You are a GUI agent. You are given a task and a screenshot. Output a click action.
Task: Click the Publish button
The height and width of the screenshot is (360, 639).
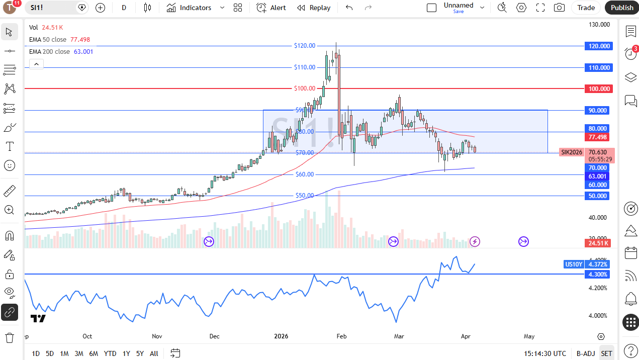tap(622, 8)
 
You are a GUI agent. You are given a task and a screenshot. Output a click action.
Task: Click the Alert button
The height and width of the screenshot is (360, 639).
tap(271, 8)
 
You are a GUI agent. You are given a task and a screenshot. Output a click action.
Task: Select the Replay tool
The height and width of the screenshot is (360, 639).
tap(314, 8)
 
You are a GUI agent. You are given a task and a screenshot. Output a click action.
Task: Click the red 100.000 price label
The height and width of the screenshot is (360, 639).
tap(598, 89)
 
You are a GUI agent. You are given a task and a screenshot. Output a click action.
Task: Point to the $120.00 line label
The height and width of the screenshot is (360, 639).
tap(305, 46)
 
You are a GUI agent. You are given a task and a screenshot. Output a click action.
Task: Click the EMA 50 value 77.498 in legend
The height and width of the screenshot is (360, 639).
tap(80, 39)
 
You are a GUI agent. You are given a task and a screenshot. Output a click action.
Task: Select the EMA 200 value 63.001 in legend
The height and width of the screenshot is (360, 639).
tap(83, 51)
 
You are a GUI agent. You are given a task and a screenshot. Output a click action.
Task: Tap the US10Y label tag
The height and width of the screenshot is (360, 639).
tap(574, 264)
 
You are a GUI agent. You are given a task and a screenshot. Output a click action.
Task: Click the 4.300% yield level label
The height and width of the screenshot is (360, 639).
tap(598, 275)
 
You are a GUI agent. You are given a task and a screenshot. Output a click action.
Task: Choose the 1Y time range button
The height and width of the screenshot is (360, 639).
tap(126, 353)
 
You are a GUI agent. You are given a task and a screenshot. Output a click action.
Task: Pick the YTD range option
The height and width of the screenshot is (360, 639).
tap(110, 353)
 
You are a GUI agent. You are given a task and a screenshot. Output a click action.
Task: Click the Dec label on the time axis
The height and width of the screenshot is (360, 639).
tap(214, 336)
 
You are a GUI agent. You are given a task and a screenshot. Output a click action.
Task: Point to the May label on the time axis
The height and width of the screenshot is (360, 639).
tap(529, 336)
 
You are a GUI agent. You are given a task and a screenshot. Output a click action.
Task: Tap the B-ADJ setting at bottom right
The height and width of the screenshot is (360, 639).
tap(585, 353)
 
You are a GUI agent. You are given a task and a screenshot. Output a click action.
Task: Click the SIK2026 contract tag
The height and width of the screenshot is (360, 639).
tap(572, 152)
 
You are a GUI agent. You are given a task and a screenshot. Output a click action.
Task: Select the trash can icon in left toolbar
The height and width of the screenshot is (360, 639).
tap(10, 337)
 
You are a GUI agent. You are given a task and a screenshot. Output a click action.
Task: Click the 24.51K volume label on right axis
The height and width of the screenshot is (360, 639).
tap(598, 243)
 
